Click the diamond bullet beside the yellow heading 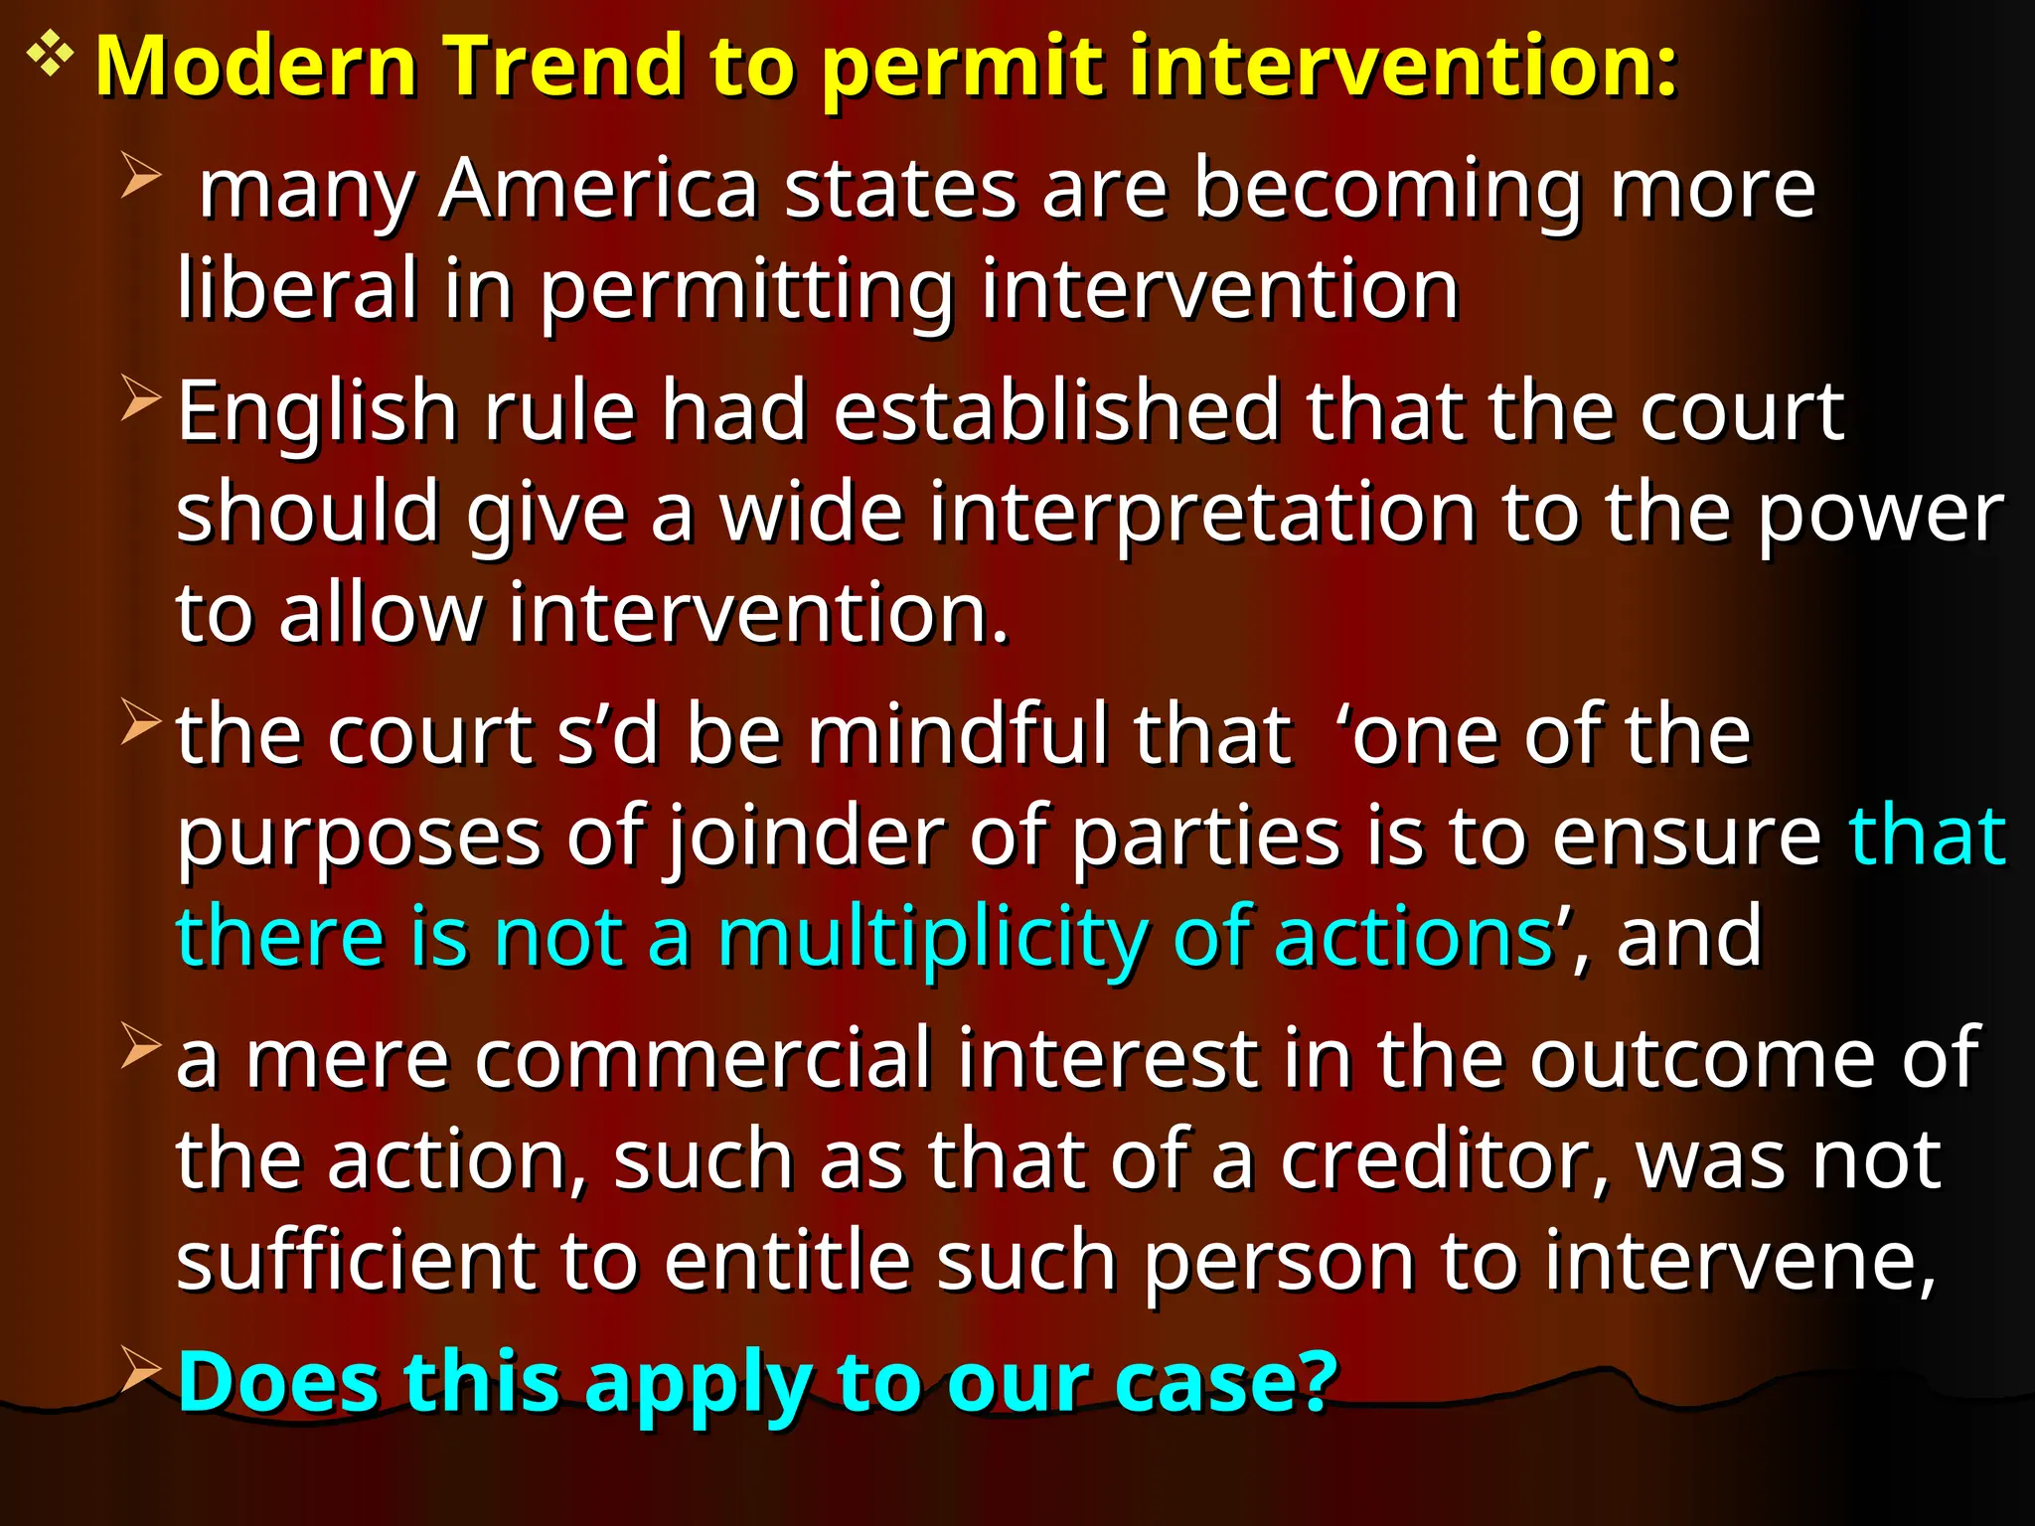(49, 57)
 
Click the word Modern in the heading (255, 68)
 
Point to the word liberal (297, 289)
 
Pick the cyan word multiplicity (932, 939)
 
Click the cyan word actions (1413, 939)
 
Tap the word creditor (1443, 1160)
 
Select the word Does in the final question (277, 1382)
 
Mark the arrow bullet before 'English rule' (140, 398)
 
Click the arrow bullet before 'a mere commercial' (140, 1046)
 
